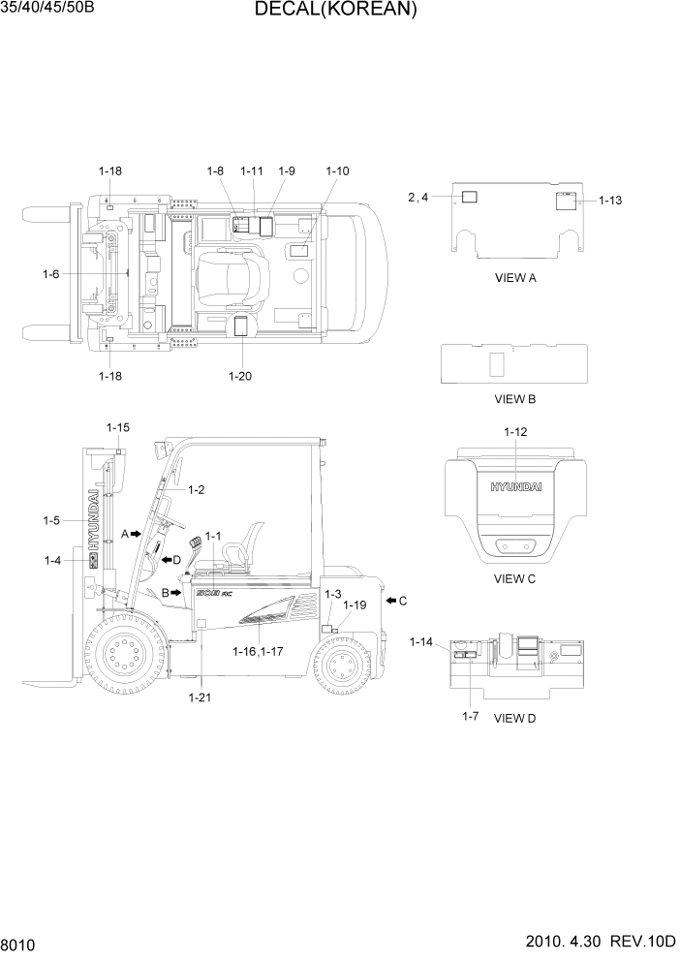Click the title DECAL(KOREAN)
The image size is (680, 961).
click(x=335, y=11)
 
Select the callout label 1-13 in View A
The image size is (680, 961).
click(x=610, y=201)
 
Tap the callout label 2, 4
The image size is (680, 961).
click(x=418, y=198)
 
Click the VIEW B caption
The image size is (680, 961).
click(x=514, y=398)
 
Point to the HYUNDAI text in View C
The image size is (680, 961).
click(x=515, y=487)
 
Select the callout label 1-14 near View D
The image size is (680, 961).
click(x=422, y=641)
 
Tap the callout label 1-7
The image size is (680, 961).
click(x=471, y=716)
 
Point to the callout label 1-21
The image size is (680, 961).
click(x=201, y=697)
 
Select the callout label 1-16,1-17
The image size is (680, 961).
click(x=258, y=652)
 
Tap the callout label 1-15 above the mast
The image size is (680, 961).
click(x=118, y=427)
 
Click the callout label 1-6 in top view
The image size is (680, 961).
click(x=51, y=274)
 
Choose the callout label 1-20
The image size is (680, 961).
click(x=239, y=376)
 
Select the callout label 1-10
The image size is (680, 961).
click(x=337, y=170)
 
